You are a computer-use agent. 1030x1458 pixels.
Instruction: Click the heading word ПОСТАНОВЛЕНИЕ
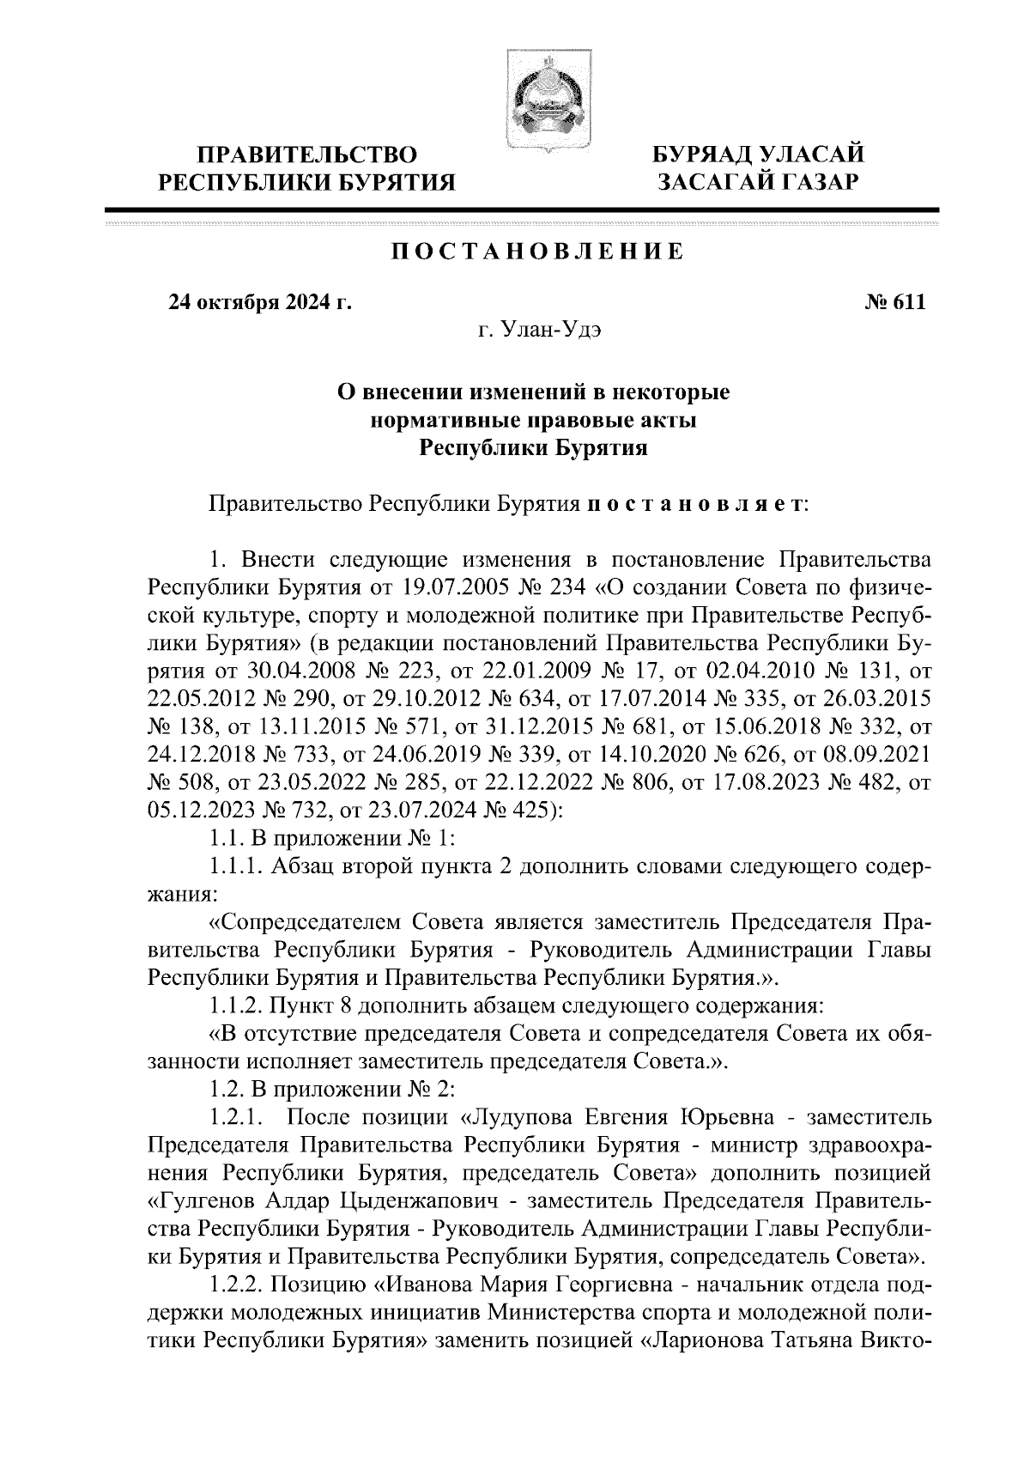click(x=538, y=252)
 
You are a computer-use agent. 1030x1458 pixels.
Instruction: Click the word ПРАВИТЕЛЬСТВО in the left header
click(x=307, y=155)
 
